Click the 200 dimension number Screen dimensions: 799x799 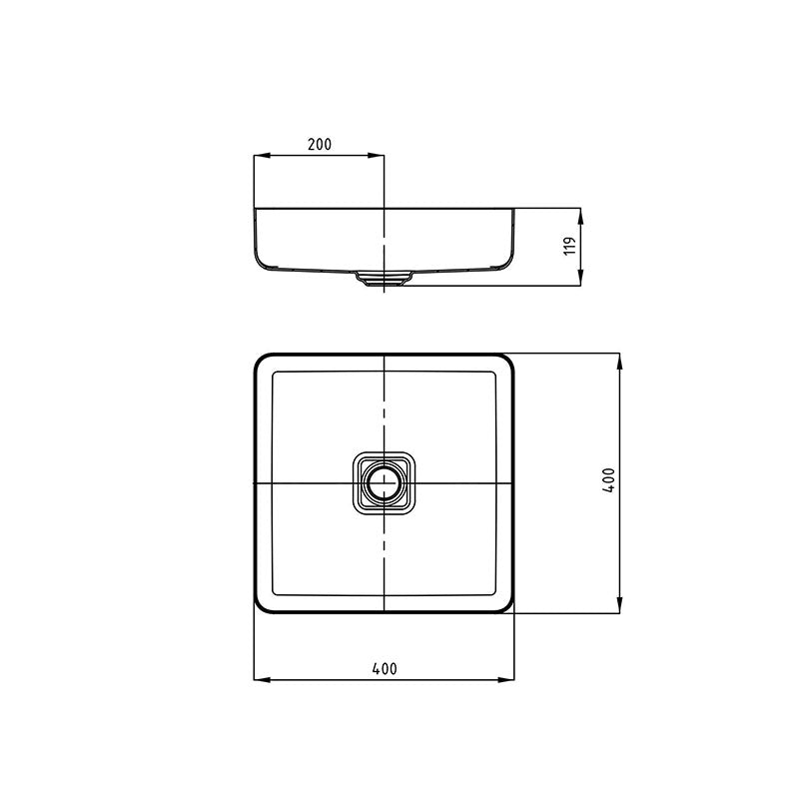click(319, 144)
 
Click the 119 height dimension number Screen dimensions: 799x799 click(568, 247)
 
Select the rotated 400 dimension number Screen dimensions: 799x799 click(608, 481)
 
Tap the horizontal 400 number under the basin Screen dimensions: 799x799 click(384, 669)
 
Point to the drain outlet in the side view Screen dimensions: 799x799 click(384, 280)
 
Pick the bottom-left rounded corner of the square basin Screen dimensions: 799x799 click(262, 605)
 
